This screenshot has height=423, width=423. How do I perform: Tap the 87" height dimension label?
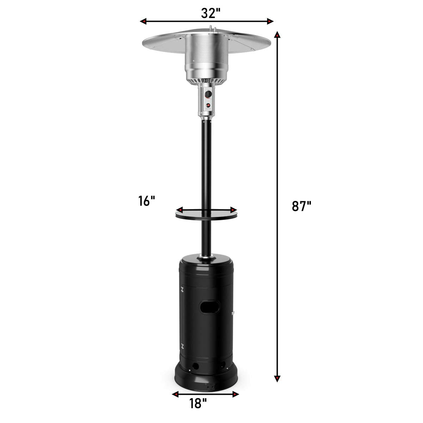(x=301, y=206)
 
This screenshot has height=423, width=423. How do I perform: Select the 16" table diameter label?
(x=147, y=201)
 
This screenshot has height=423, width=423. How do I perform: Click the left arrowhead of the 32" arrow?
(x=143, y=21)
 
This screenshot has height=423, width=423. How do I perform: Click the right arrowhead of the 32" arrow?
(x=270, y=21)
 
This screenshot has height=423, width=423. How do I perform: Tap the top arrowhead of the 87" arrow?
(x=277, y=35)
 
